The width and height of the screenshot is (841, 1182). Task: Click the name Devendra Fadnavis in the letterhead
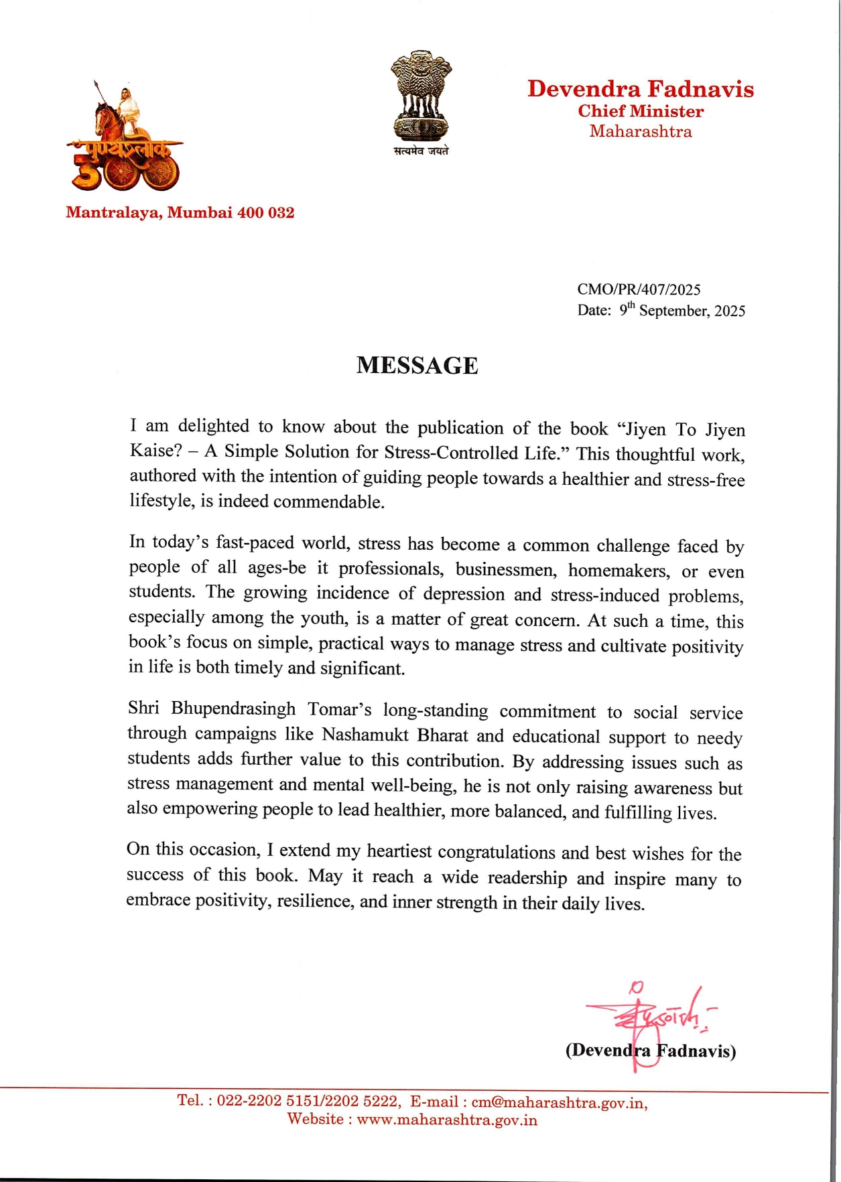click(x=640, y=89)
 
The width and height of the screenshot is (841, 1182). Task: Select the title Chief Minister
click(x=641, y=111)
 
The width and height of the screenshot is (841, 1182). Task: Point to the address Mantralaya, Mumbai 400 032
click(x=180, y=213)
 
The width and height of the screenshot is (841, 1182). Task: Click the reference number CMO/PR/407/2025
click(x=639, y=289)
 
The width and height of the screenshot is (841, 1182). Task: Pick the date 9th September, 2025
click(x=682, y=310)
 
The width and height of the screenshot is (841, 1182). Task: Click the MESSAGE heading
click(x=417, y=366)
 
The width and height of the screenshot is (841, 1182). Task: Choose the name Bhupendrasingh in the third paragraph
click(x=233, y=709)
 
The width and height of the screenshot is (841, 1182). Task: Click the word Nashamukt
click(x=365, y=735)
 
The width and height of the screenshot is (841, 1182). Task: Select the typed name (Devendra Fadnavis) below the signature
click(x=650, y=1051)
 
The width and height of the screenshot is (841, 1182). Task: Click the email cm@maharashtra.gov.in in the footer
click(x=558, y=1102)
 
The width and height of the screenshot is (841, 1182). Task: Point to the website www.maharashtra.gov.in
click(x=446, y=1120)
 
